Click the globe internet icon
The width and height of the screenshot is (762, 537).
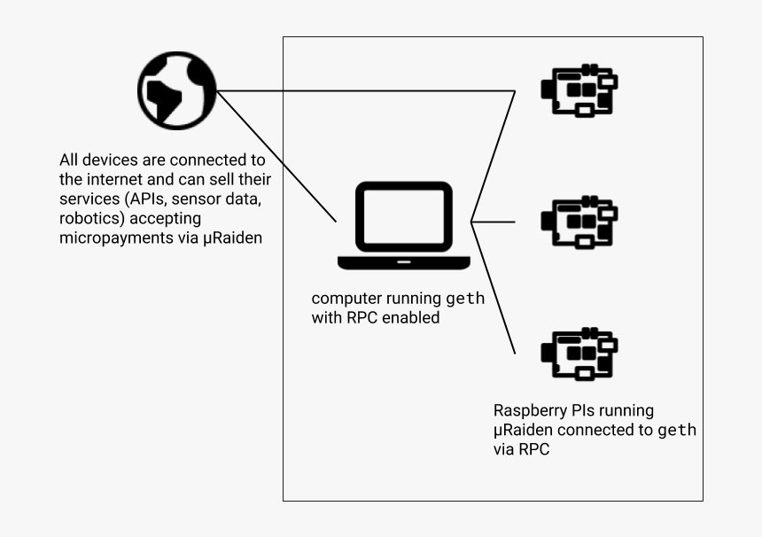click(176, 89)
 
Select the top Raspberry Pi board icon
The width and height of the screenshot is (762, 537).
click(579, 90)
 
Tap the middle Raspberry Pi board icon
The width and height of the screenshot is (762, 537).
click(579, 222)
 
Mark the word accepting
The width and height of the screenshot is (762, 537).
click(168, 218)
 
